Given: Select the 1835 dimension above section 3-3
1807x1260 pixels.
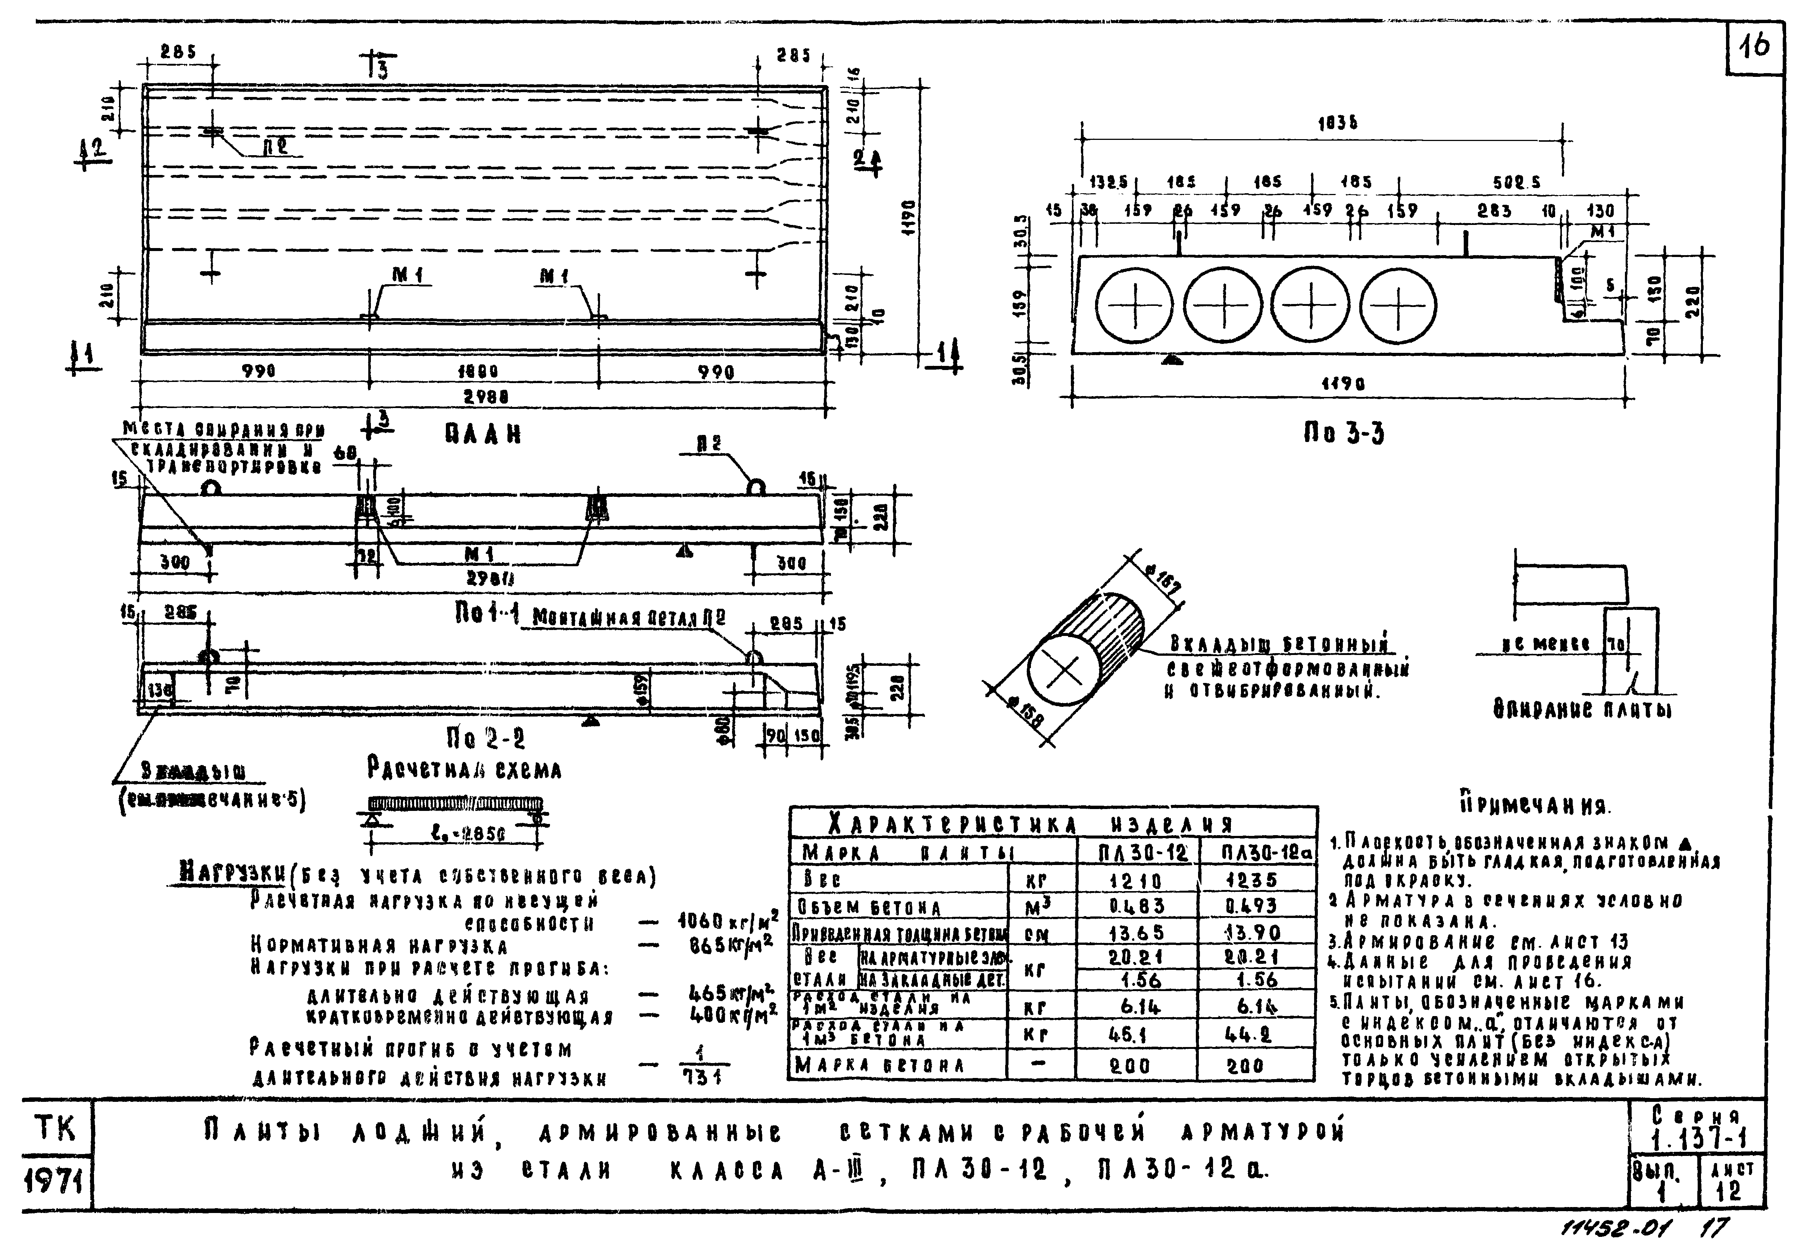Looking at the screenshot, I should [1337, 123].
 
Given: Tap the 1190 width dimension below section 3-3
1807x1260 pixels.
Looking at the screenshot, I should [1343, 385].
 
